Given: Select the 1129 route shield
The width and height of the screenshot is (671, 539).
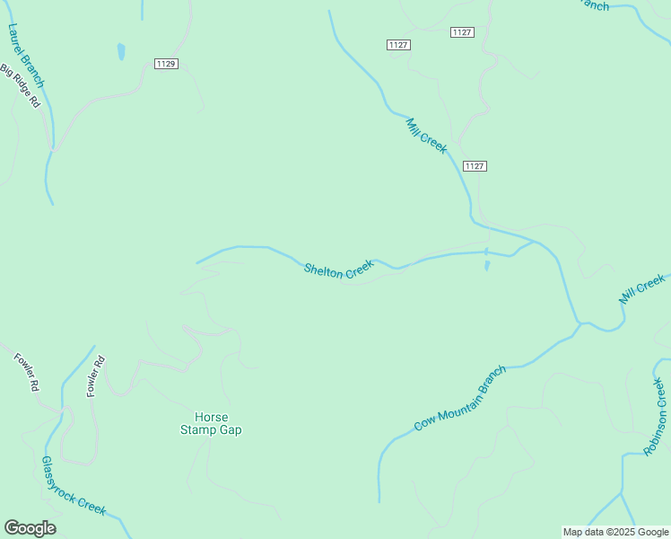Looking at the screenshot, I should pyautogui.click(x=166, y=63).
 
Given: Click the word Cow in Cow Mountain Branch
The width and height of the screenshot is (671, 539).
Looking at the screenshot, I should pyautogui.click(x=425, y=422).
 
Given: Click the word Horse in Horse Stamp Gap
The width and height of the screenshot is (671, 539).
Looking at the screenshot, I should pyautogui.click(x=212, y=417).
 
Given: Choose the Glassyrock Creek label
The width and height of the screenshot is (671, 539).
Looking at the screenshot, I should pyautogui.click(x=74, y=486).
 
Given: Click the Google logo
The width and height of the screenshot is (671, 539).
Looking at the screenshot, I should pyautogui.click(x=30, y=528).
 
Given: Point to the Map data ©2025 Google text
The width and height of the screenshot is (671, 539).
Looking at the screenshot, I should pyautogui.click(x=615, y=532).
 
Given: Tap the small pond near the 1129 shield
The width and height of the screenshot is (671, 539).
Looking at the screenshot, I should pyautogui.click(x=121, y=52).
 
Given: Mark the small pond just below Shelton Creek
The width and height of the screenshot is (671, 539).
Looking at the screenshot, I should pyautogui.click(x=487, y=266).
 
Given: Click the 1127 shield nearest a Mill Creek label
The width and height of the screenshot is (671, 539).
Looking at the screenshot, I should pyautogui.click(x=475, y=166).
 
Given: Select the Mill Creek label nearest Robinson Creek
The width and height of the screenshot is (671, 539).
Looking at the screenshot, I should pyautogui.click(x=642, y=290).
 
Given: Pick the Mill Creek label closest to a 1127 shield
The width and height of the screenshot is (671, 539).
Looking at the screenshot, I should pyautogui.click(x=426, y=136).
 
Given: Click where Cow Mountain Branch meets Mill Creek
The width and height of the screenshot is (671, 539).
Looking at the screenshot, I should pyautogui.click(x=580, y=323).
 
